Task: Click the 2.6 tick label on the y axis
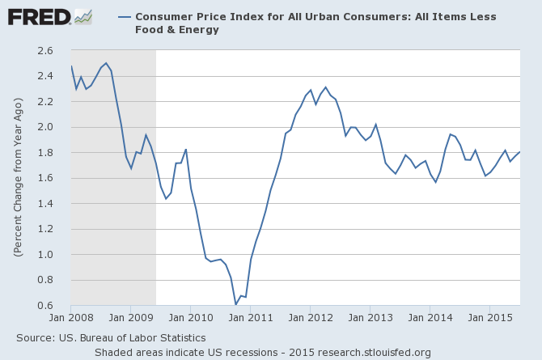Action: coord(44,51)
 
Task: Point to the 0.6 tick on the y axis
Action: coord(44,306)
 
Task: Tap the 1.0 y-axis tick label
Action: coord(44,255)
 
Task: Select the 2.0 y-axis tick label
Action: coord(44,127)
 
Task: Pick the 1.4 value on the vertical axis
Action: coord(44,204)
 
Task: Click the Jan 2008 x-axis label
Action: coord(71,318)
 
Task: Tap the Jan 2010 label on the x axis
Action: coord(190,318)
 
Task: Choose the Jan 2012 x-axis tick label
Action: coord(310,318)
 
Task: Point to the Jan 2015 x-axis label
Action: coord(489,318)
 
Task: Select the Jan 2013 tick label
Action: coord(370,318)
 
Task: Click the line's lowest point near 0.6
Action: coord(235,304)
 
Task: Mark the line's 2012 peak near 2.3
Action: coord(325,87)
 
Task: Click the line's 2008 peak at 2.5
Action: coord(106,63)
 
